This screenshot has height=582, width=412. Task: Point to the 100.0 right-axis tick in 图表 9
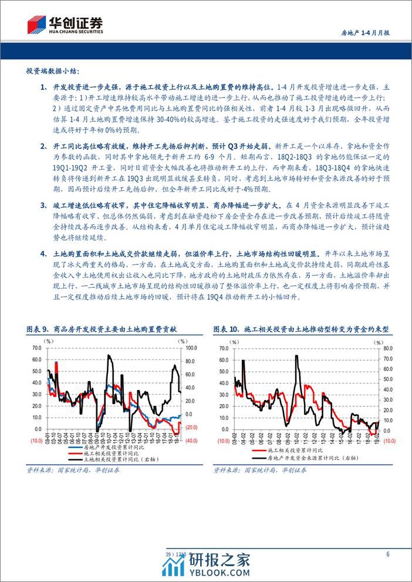coord(192,348)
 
